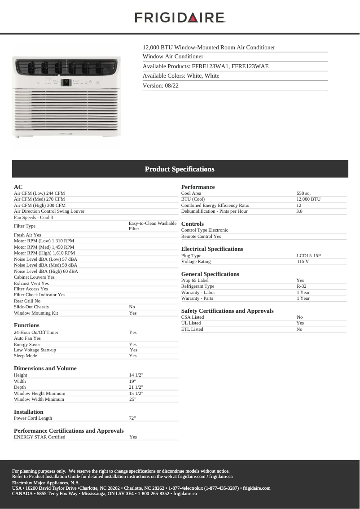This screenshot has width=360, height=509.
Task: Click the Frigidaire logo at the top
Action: (x=180, y=18)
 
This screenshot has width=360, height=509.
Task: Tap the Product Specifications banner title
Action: (x=180, y=169)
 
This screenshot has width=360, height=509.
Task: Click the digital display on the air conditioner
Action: (x=66, y=82)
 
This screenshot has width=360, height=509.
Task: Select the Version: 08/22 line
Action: (x=160, y=85)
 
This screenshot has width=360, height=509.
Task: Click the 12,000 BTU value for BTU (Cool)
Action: (x=308, y=199)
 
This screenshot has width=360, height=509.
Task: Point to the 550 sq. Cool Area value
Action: (x=303, y=193)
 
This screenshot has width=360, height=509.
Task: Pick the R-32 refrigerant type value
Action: (x=301, y=286)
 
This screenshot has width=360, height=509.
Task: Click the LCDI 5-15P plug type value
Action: (x=308, y=256)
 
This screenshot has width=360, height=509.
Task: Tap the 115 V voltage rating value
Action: (x=303, y=262)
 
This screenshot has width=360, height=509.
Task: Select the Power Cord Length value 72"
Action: (x=132, y=418)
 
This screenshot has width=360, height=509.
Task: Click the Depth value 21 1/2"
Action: (x=136, y=387)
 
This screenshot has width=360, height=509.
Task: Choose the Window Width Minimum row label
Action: (x=39, y=399)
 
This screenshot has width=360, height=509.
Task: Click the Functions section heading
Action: (x=26, y=325)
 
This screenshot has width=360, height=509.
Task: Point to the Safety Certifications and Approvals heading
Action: (x=227, y=311)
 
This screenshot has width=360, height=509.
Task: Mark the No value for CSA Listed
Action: (x=299, y=317)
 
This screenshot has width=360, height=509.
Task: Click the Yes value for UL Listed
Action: (x=300, y=323)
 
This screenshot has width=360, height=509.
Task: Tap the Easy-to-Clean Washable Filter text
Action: (x=152, y=226)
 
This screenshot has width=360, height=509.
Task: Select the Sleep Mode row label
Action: (x=26, y=356)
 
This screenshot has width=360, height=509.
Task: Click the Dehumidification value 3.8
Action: (x=299, y=211)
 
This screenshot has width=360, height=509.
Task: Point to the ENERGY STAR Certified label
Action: (x=40, y=437)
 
